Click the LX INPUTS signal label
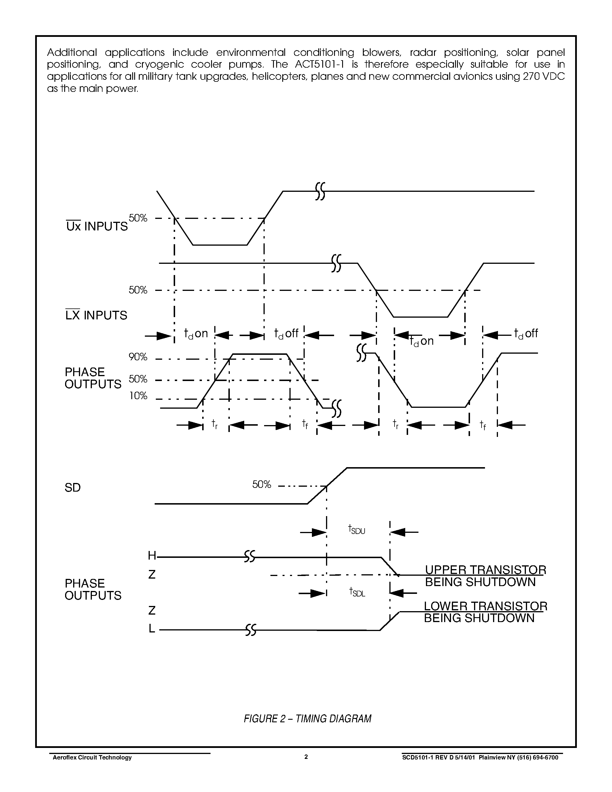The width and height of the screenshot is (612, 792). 96,315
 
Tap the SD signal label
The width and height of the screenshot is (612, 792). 73,487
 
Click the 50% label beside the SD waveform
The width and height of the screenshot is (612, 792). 262,484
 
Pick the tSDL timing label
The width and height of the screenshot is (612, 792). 357,592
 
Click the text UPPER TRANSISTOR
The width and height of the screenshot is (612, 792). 486,570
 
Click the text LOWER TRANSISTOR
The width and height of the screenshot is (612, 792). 486,606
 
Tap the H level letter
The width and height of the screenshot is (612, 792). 151,555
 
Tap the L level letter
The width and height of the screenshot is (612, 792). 151,628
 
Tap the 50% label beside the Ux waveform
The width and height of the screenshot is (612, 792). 138,218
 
